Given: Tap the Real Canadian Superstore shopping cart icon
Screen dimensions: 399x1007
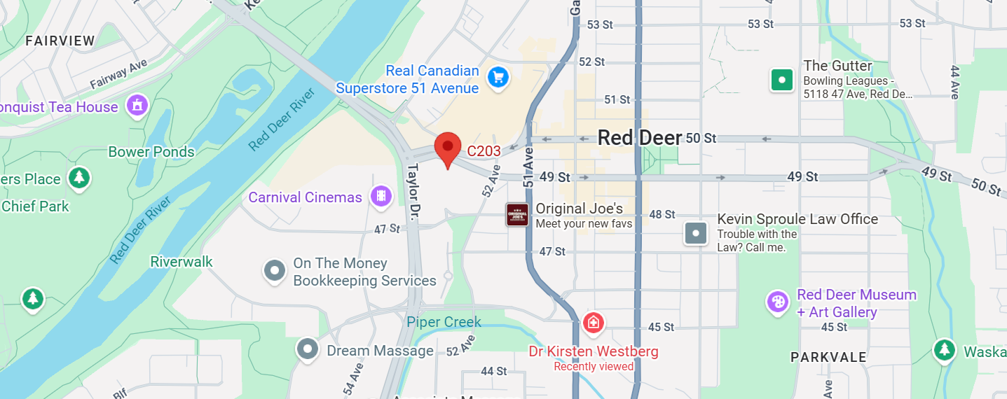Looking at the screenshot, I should click(498, 78).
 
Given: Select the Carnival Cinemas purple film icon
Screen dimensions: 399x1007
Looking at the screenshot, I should click(381, 196).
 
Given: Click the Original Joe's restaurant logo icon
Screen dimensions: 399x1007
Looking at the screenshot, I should click(517, 215).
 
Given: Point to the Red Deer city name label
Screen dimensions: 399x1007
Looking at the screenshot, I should click(639, 138).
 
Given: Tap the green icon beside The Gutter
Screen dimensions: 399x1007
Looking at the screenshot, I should click(781, 80).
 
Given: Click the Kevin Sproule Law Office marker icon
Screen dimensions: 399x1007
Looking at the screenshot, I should click(696, 233).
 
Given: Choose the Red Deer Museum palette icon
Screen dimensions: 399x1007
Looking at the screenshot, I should click(777, 302).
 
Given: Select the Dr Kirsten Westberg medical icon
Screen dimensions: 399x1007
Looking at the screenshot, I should click(593, 323).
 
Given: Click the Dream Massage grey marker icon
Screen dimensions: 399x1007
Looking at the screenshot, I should click(307, 349).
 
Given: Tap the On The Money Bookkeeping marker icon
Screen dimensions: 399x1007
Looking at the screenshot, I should click(274, 271).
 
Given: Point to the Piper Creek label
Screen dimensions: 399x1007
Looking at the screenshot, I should click(444, 322).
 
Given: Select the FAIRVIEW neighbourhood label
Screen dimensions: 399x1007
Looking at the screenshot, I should click(60, 41).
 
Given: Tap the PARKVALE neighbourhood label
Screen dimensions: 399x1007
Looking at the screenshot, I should click(828, 358).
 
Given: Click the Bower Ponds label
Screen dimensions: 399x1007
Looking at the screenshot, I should click(151, 152).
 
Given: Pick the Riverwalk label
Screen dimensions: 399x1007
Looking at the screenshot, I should click(181, 262).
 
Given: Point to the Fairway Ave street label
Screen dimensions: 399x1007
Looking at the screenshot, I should click(118, 73).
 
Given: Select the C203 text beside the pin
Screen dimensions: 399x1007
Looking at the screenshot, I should click(484, 150).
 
